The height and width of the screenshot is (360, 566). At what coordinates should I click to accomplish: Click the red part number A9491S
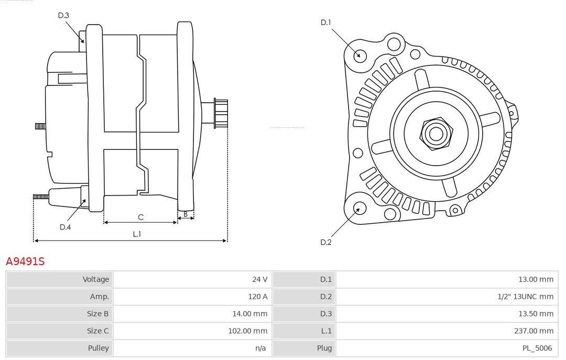pos(25,261)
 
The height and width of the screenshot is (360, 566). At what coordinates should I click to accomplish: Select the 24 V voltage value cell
pos(259,279)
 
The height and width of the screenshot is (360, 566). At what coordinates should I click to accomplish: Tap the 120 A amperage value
pos(257,297)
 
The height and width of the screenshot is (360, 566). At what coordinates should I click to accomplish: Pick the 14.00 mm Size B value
pos(249,314)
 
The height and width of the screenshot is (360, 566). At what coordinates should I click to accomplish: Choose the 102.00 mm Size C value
pos(247,331)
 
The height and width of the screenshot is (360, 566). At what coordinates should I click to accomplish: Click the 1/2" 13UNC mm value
pos(525,297)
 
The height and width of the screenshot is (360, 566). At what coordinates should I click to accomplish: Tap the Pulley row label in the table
pos(99,348)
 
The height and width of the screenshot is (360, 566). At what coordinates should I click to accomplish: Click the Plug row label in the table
pos(324,348)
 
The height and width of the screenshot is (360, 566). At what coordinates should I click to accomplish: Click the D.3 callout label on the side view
pos(63,15)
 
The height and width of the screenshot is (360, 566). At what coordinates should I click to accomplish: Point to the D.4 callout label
pos(65,227)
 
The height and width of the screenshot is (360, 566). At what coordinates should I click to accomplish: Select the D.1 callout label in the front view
pos(326,22)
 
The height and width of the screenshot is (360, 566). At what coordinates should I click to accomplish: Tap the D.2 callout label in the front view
pos(326,242)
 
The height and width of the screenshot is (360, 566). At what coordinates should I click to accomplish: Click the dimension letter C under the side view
pos(140,217)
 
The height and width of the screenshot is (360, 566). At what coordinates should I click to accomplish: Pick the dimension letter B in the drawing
pos(186,214)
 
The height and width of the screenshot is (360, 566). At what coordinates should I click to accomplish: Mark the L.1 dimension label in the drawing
pos(137,234)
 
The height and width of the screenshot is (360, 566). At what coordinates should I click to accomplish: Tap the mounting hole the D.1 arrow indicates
pos(360,55)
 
